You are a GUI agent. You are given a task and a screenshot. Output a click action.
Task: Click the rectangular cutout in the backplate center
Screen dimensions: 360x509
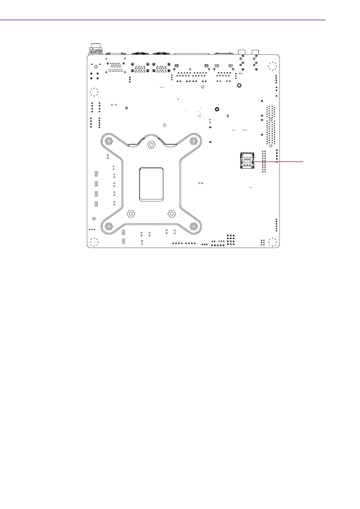(151, 184)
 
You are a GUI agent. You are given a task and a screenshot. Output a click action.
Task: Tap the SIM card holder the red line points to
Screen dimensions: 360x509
(247, 160)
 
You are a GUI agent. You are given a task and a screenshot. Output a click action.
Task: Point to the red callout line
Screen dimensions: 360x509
(278, 162)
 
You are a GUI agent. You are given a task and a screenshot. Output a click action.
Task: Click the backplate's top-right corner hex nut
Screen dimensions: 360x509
(194, 141)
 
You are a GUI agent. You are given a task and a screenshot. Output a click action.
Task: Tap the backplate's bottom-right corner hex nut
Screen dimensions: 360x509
(194, 226)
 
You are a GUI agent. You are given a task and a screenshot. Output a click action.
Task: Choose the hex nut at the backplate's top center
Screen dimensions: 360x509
(151, 144)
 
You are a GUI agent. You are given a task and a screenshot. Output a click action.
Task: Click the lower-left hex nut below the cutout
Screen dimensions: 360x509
(130, 213)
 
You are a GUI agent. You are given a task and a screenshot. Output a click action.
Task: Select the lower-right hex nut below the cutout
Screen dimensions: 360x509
(171, 213)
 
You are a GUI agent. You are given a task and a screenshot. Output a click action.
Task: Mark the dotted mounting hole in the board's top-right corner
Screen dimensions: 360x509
(272, 66)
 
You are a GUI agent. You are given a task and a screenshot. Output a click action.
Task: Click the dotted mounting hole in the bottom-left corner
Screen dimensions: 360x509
(94, 242)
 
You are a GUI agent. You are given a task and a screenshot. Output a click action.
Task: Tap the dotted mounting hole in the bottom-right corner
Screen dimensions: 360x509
(272, 242)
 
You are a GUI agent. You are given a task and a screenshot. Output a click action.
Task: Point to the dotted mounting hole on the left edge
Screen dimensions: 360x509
(94, 92)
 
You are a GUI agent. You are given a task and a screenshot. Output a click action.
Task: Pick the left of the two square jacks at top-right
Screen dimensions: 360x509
(242, 52)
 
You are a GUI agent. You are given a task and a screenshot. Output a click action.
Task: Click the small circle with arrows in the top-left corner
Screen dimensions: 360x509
(96, 66)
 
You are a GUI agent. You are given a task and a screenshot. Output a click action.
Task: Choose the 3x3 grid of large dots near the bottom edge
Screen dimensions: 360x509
(231, 239)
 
